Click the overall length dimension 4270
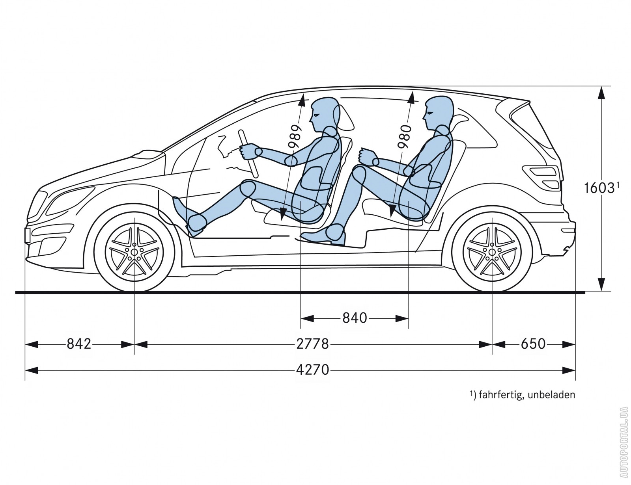coord(312,370)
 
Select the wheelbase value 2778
coord(312,344)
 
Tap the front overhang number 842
coord(79,344)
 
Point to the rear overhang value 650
coord(533,344)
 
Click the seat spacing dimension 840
coord(355,318)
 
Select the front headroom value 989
coord(294,137)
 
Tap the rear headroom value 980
coord(405,137)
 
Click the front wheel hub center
coord(134,252)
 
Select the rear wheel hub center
coord(492,252)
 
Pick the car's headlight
coord(70,200)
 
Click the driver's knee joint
coord(247,189)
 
